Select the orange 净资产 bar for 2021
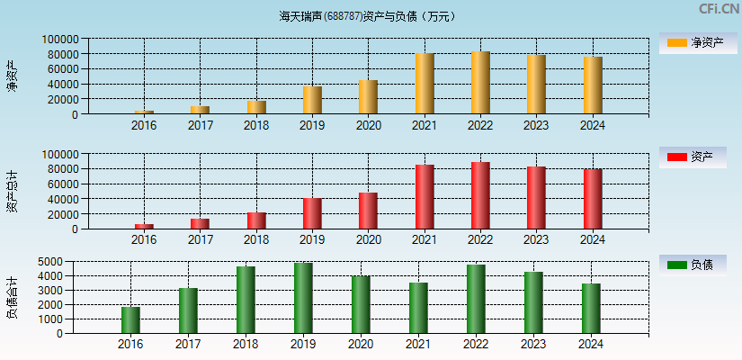click(x=425, y=84)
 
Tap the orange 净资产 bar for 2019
click(x=312, y=100)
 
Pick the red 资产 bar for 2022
click(x=480, y=195)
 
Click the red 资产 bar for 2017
click(x=200, y=223)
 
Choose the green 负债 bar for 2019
click(x=303, y=298)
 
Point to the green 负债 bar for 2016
click(x=130, y=319)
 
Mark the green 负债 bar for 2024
click(x=591, y=308)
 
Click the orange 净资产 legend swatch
click(x=676, y=43)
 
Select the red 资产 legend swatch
click(x=676, y=157)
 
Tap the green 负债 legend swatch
click(x=676, y=265)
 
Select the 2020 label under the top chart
click(x=368, y=125)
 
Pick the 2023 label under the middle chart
click(x=536, y=239)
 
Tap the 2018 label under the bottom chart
click(x=245, y=344)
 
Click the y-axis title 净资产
click(x=12, y=76)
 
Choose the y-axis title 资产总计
click(x=12, y=191)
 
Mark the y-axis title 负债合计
click(x=12, y=297)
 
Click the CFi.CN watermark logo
click(x=719, y=9)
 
